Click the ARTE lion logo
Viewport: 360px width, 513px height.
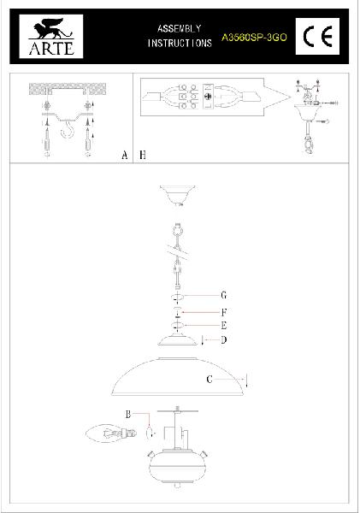(x=51, y=36)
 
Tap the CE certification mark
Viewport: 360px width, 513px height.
(x=317, y=36)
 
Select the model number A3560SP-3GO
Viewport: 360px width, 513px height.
(x=254, y=38)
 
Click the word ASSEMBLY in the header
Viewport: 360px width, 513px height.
(x=179, y=28)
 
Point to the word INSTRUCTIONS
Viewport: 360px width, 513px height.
(x=180, y=44)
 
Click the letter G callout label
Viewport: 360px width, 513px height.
(x=223, y=296)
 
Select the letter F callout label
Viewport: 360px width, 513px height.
(x=224, y=312)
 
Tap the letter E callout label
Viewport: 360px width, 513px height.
(x=224, y=326)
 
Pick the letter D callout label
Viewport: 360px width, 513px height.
(x=223, y=340)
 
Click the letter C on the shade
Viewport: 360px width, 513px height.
(x=210, y=379)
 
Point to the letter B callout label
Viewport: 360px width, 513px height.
(x=128, y=414)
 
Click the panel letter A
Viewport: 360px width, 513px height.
(x=124, y=155)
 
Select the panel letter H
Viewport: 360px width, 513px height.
(x=143, y=155)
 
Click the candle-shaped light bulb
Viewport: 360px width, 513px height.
(x=110, y=433)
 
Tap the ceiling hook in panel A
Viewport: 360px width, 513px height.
(x=68, y=130)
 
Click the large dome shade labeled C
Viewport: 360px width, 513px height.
(x=177, y=376)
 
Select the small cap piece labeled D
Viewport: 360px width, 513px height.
(x=178, y=340)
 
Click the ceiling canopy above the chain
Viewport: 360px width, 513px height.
(x=178, y=195)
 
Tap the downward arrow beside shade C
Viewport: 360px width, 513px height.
(x=246, y=380)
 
